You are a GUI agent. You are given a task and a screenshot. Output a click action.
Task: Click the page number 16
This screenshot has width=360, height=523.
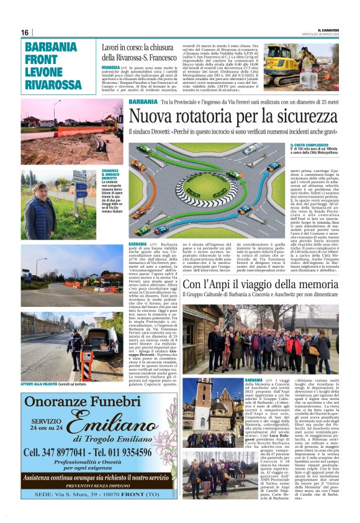point(25,32)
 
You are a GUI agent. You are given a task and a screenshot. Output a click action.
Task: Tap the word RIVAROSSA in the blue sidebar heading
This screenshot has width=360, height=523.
point(55,84)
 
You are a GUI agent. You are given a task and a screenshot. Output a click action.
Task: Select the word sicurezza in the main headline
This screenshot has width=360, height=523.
point(306,116)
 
